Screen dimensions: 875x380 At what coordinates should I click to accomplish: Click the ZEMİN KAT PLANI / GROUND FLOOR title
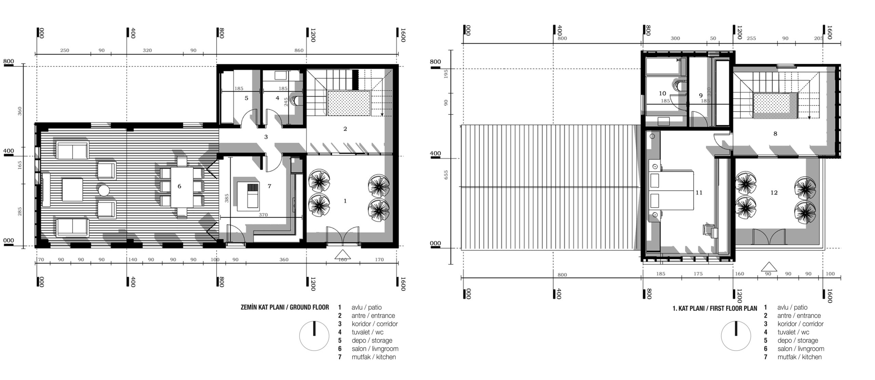[x=285, y=307]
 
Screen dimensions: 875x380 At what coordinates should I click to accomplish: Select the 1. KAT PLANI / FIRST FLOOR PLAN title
[x=715, y=308]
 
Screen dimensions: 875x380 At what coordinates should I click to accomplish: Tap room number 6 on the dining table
[x=179, y=186]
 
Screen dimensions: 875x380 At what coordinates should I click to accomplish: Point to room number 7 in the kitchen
[x=269, y=186]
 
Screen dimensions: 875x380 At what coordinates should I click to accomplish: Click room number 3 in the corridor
[x=266, y=137]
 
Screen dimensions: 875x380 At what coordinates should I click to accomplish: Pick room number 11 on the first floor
[x=699, y=193]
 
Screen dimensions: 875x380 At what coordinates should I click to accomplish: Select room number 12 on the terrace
[x=774, y=193]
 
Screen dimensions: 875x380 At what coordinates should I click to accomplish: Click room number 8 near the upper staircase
[x=775, y=134]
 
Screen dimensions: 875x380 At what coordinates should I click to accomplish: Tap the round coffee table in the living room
[x=103, y=190]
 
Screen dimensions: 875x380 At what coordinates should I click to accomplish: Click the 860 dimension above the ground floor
[x=299, y=51]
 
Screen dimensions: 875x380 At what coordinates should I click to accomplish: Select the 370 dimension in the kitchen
[x=263, y=215]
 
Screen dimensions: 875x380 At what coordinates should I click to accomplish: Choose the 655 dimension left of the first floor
[x=446, y=175]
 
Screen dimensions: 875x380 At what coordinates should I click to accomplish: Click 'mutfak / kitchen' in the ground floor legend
[x=374, y=357]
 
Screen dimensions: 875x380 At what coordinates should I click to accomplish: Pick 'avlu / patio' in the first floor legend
[x=792, y=307]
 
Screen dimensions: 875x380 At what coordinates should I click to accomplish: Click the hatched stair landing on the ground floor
[x=349, y=103]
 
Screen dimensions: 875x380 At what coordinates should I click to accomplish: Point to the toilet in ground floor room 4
[x=294, y=100]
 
